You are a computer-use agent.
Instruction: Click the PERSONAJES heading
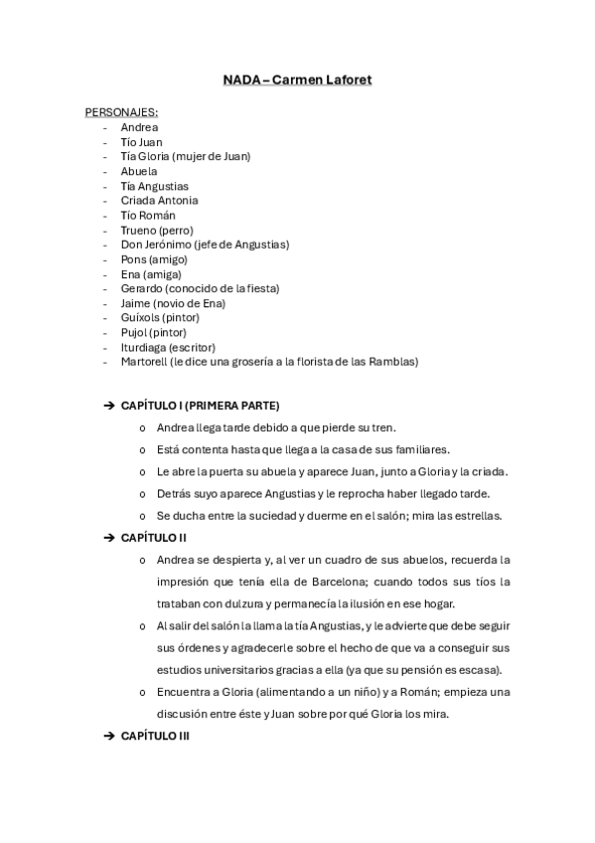click(x=121, y=112)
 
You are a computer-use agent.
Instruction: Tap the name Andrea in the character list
click(x=139, y=127)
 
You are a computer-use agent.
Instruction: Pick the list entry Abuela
click(x=139, y=171)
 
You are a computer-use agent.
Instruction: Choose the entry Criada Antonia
click(x=159, y=200)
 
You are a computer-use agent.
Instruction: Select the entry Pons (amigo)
click(x=154, y=258)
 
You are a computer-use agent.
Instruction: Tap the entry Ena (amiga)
click(x=151, y=273)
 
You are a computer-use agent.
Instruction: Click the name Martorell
click(x=143, y=362)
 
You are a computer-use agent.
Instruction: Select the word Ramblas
click(x=395, y=362)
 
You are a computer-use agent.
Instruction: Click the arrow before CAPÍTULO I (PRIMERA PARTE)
click(x=108, y=406)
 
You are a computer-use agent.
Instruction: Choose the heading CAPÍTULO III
click(x=155, y=736)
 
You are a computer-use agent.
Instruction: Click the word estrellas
click(x=478, y=515)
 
